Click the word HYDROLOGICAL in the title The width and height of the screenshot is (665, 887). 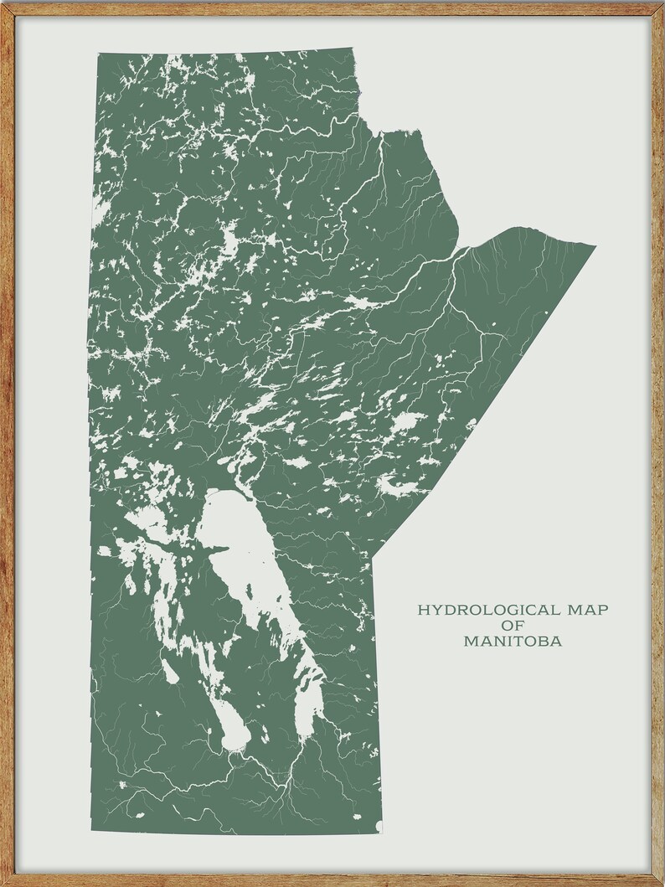click(472, 610)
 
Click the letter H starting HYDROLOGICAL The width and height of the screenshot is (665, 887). click(423, 610)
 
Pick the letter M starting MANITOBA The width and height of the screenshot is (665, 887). click(467, 642)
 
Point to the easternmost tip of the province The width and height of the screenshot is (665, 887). click(595, 246)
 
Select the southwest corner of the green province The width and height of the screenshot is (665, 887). click(92, 832)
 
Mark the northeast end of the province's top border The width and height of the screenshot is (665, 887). click(352, 49)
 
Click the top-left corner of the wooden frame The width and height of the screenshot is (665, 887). click(3, 3)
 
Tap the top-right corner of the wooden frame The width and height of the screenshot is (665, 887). click(662, 3)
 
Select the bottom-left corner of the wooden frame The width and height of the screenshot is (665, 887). click(3, 884)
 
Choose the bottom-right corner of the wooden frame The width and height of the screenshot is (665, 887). click(662, 884)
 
